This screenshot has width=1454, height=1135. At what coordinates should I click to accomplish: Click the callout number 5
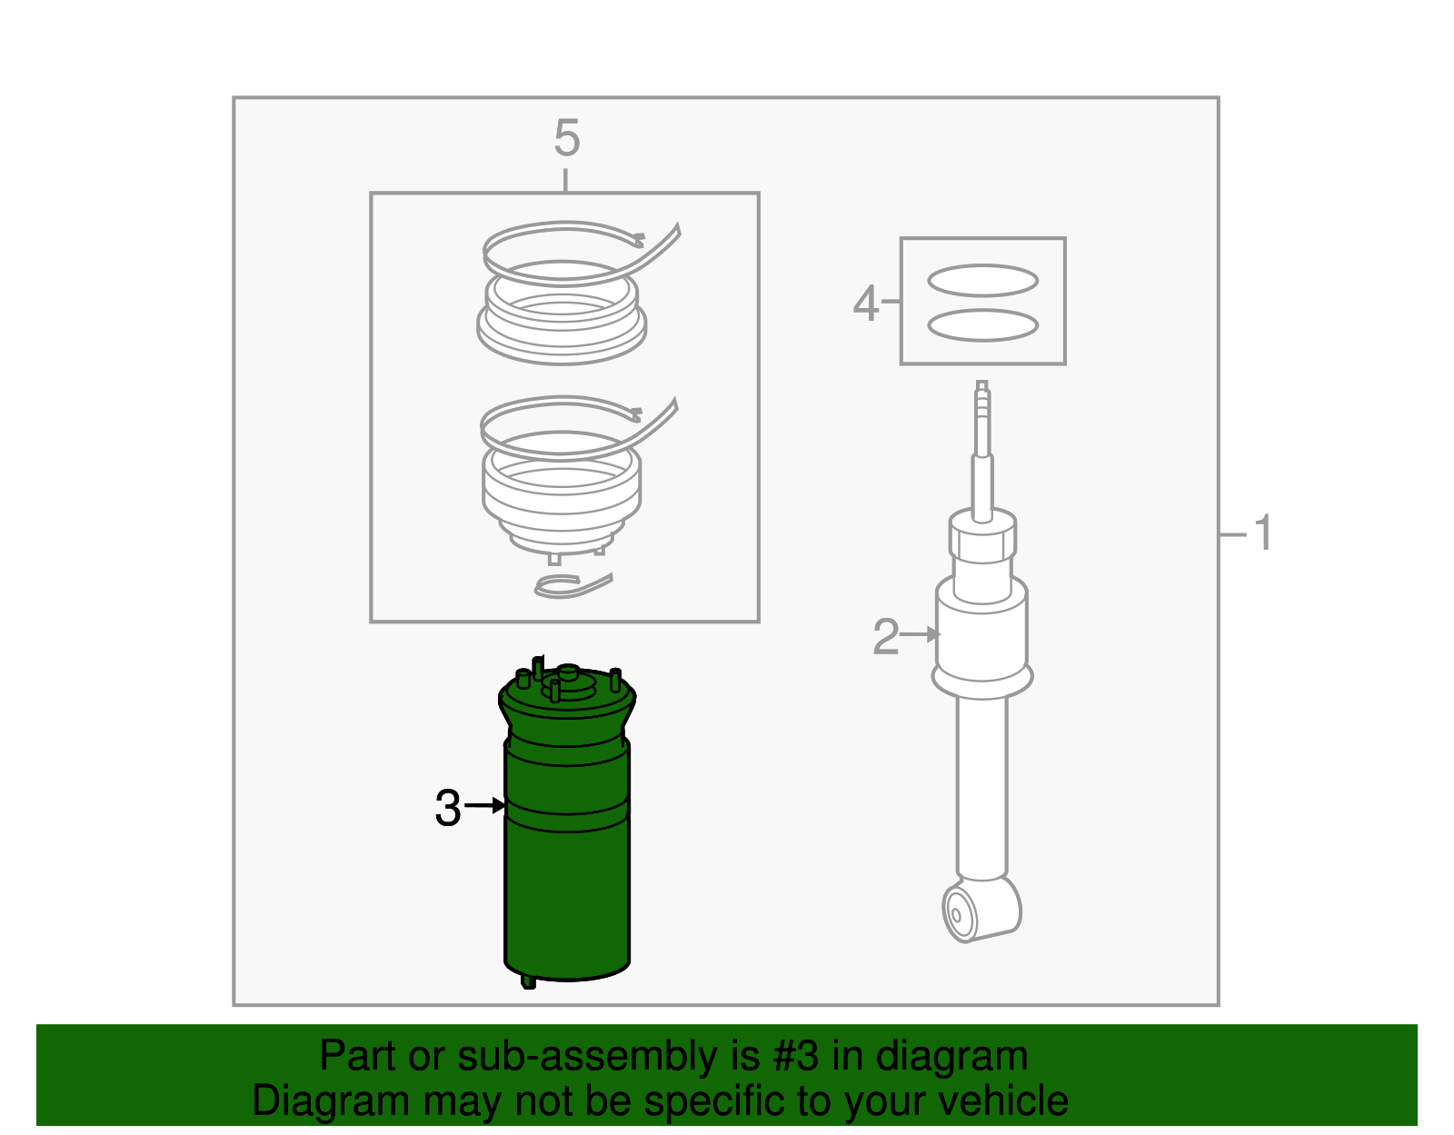[x=566, y=139]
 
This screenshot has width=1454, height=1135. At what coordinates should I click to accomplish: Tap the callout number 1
[x=1263, y=533]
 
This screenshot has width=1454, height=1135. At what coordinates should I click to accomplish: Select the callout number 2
[x=885, y=636]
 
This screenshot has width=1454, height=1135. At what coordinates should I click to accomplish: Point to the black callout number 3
[x=448, y=808]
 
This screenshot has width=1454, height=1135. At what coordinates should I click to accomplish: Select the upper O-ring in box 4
[x=982, y=281]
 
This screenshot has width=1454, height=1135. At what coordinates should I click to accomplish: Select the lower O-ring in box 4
[x=982, y=325]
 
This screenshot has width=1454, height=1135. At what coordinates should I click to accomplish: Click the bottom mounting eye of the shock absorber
[x=960, y=913]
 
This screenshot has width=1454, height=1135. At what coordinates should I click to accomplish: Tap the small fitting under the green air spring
[x=528, y=981]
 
